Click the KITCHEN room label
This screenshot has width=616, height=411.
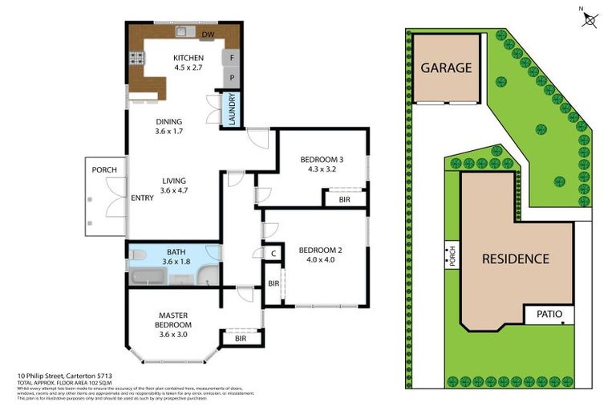click(188, 58)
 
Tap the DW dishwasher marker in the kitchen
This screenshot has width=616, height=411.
click(208, 35)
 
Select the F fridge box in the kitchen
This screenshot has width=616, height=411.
click(232, 58)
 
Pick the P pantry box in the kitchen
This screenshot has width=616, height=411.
click(232, 78)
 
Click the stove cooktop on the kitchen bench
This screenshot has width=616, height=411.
click(137, 59)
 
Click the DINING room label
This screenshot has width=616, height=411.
click(169, 122)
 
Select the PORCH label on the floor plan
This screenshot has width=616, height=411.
click(104, 170)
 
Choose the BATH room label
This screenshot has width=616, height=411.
click(176, 251)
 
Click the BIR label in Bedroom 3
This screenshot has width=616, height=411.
click(344, 199)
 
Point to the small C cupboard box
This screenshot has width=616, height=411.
click(273, 253)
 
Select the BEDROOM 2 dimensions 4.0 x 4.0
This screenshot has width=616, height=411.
click(320, 260)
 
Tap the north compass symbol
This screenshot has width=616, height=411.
click(590, 19)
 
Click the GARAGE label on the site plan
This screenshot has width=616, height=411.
click(448, 68)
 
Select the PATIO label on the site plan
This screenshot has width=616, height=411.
click(549, 314)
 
